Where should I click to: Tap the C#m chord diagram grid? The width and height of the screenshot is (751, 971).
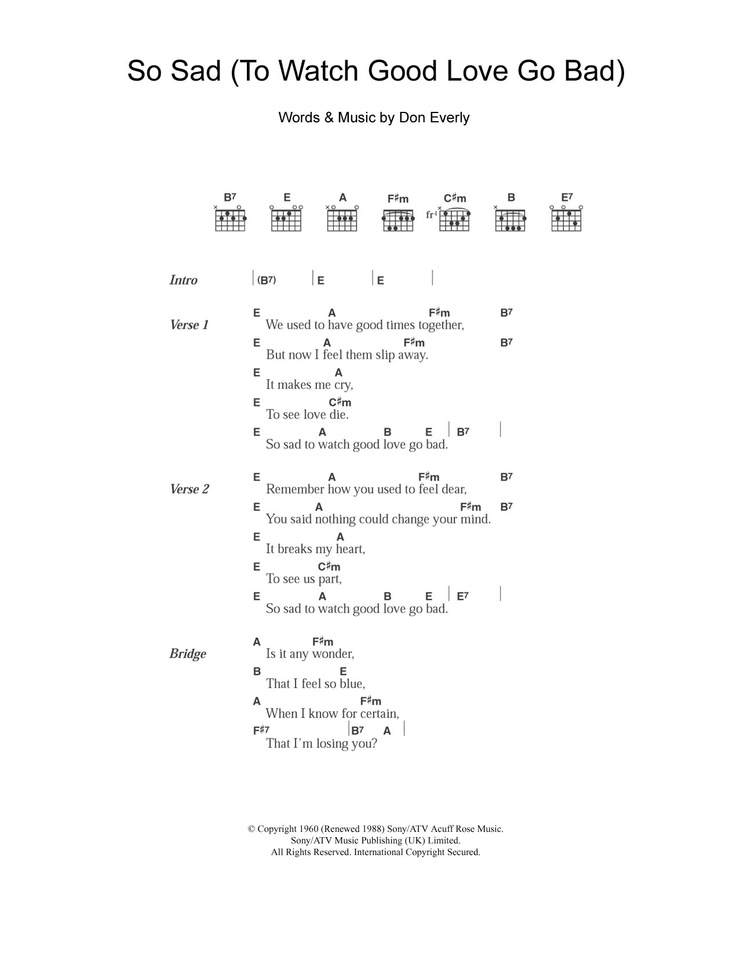pyautogui.click(x=454, y=220)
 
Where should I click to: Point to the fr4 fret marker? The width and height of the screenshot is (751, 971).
pyautogui.click(x=431, y=214)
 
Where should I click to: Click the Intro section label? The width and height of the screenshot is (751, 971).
pyautogui.click(x=183, y=280)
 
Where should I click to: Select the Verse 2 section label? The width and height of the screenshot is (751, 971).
pyautogui.click(x=189, y=489)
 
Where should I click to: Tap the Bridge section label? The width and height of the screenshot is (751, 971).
pyautogui.click(x=187, y=654)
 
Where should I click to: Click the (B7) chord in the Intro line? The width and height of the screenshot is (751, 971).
pyautogui.click(x=267, y=280)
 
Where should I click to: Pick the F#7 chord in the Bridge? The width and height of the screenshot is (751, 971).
pyautogui.click(x=261, y=730)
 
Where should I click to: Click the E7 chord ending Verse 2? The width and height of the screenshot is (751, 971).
pyautogui.click(x=462, y=596)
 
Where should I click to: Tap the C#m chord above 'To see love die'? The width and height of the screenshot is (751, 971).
pyautogui.click(x=340, y=402)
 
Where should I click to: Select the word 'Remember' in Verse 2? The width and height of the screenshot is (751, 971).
pyautogui.click(x=295, y=489)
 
